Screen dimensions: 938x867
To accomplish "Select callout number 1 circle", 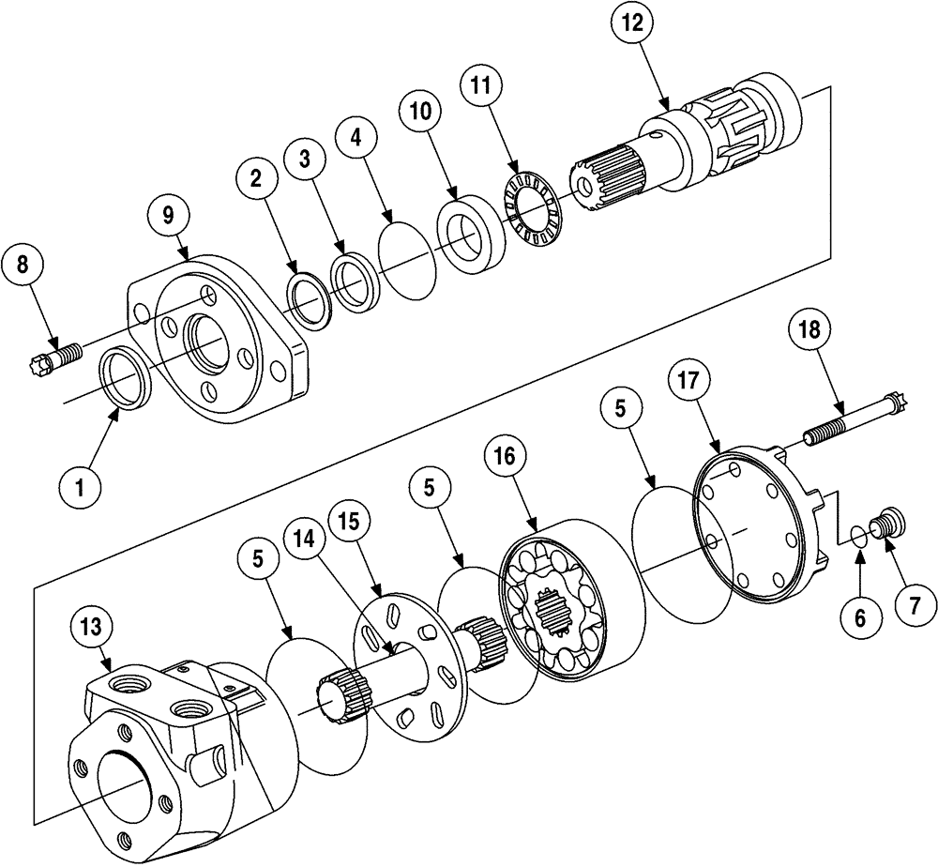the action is (80, 488).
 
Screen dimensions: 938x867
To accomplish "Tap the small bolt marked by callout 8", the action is (53, 359).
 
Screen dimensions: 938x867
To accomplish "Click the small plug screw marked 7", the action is (886, 524).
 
